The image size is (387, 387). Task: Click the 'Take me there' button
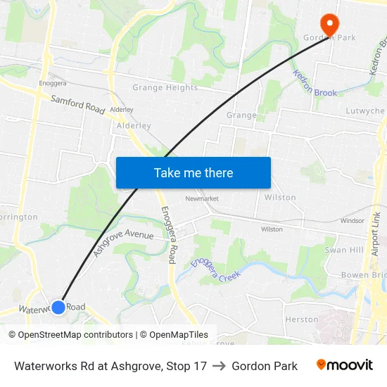click(193, 172)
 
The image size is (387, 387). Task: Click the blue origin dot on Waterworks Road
click(58, 307)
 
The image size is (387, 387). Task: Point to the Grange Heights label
click(165, 88)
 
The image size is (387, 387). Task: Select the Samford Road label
click(77, 104)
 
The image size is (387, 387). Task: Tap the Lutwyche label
click(364, 111)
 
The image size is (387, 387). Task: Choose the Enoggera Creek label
click(215, 269)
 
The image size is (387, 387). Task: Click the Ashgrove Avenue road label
click(123, 241)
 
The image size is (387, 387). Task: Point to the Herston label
click(302, 319)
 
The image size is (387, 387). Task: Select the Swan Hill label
click(343, 250)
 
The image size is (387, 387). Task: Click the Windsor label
click(352, 221)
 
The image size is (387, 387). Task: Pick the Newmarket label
click(202, 199)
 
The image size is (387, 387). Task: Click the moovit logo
click(345, 365)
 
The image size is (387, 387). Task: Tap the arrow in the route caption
click(220, 366)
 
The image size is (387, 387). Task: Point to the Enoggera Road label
click(168, 235)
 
